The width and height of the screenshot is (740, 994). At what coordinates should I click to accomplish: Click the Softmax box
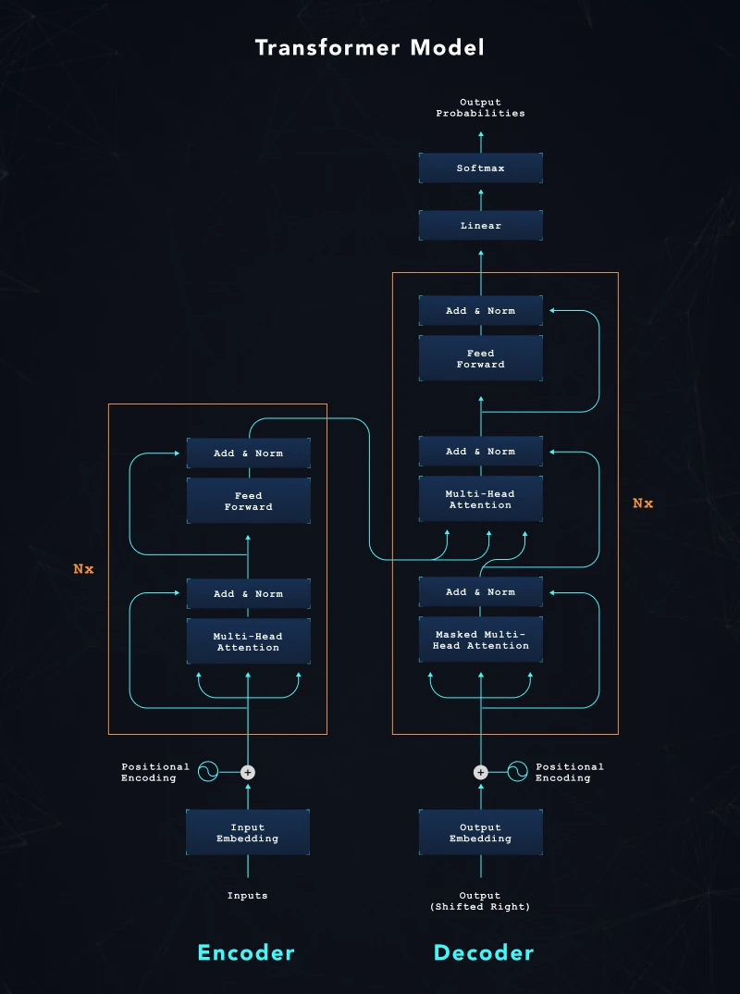pos(480,168)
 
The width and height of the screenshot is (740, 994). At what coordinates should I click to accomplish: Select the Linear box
pos(480,226)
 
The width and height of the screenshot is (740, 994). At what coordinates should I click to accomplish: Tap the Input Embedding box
pos(248,833)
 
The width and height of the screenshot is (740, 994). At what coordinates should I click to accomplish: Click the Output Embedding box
pos(480,833)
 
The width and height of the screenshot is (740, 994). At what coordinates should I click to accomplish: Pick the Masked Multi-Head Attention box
pos(480,640)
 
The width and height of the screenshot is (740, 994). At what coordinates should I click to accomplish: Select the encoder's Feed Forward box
pos(248,501)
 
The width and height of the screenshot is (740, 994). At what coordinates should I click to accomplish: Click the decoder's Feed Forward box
pos(480,358)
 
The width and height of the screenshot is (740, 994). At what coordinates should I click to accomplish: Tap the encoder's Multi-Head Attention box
pos(248,641)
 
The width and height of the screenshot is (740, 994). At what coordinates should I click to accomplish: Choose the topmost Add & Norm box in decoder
pos(480,311)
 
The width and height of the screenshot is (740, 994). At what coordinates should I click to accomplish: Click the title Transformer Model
pos(370,47)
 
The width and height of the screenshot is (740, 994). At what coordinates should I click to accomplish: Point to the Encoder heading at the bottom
pos(246,952)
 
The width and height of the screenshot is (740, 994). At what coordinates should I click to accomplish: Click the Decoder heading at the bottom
pos(484,952)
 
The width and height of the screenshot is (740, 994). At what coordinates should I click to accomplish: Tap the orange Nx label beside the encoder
pos(84,569)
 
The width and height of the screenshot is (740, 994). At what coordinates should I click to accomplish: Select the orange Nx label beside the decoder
pos(643,503)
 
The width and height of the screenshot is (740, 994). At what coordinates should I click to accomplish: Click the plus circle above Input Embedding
pos(248,772)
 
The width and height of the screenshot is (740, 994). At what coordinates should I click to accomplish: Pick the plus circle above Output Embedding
pos(480,772)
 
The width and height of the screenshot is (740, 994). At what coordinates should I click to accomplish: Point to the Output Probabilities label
pos(480,107)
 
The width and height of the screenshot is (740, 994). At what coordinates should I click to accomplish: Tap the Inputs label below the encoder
pos(248,896)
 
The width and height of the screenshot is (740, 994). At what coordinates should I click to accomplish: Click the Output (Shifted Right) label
pos(480,901)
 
